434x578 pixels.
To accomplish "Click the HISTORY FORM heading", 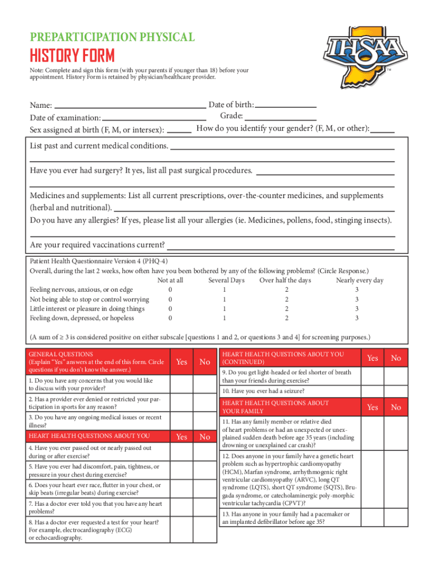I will click(72, 56).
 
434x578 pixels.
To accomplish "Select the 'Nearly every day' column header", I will click(360, 281).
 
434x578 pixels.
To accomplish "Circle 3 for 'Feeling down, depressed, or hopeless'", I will click(356, 318).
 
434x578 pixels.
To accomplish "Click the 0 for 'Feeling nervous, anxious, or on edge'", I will click(170, 290).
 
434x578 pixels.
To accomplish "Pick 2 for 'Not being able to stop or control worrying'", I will click(286, 300).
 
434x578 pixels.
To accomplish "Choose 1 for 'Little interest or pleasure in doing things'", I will click(225, 309).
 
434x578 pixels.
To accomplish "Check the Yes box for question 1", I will click(181, 384).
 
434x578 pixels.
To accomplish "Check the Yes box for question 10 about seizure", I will click(373, 391).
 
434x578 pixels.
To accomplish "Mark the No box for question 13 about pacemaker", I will click(396, 518).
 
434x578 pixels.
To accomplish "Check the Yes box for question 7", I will click(181, 507).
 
